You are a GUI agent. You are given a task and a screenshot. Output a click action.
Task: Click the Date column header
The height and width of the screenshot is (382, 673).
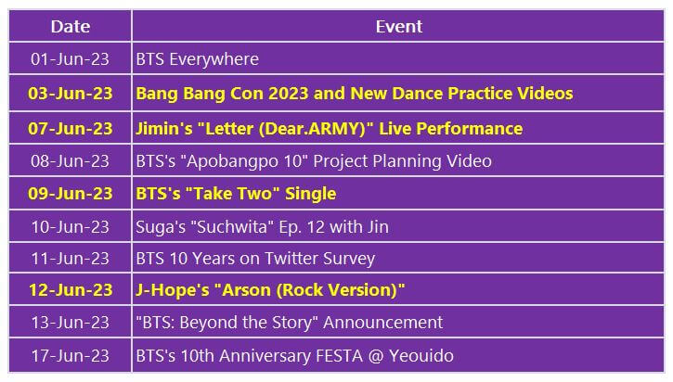[70, 26]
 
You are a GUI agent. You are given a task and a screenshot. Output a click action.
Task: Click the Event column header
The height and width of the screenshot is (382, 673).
[398, 26]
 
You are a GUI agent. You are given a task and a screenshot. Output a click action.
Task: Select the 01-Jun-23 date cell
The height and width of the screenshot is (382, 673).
[70, 59]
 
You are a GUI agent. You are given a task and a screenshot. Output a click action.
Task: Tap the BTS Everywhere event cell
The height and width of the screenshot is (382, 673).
[197, 59]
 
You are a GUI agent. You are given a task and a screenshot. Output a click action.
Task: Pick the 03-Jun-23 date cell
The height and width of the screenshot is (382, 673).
[70, 94]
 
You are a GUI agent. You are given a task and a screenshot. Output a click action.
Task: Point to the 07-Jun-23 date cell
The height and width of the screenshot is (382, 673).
[70, 128]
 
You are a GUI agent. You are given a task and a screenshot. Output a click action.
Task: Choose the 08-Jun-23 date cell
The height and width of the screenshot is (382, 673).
[70, 161]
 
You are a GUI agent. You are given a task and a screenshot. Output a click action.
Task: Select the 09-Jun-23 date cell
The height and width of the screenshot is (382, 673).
[70, 194]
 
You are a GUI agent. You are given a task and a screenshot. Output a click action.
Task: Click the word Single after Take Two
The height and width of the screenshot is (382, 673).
[309, 194]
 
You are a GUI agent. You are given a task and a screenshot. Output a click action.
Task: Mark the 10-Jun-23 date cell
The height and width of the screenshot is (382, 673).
[70, 226]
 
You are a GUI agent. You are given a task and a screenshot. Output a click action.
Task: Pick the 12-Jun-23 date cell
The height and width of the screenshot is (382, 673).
[70, 291]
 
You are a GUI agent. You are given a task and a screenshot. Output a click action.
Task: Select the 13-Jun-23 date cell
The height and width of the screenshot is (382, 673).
[70, 323]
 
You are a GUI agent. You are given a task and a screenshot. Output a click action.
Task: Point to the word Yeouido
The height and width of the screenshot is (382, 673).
[420, 355]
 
